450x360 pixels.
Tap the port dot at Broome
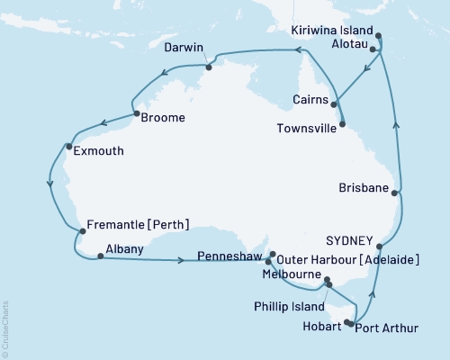(136, 115)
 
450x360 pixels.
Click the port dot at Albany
(99, 257)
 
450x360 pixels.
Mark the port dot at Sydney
(380, 246)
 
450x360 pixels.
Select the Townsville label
(305, 129)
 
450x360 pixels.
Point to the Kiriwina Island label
(334, 30)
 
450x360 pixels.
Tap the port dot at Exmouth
(69, 146)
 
